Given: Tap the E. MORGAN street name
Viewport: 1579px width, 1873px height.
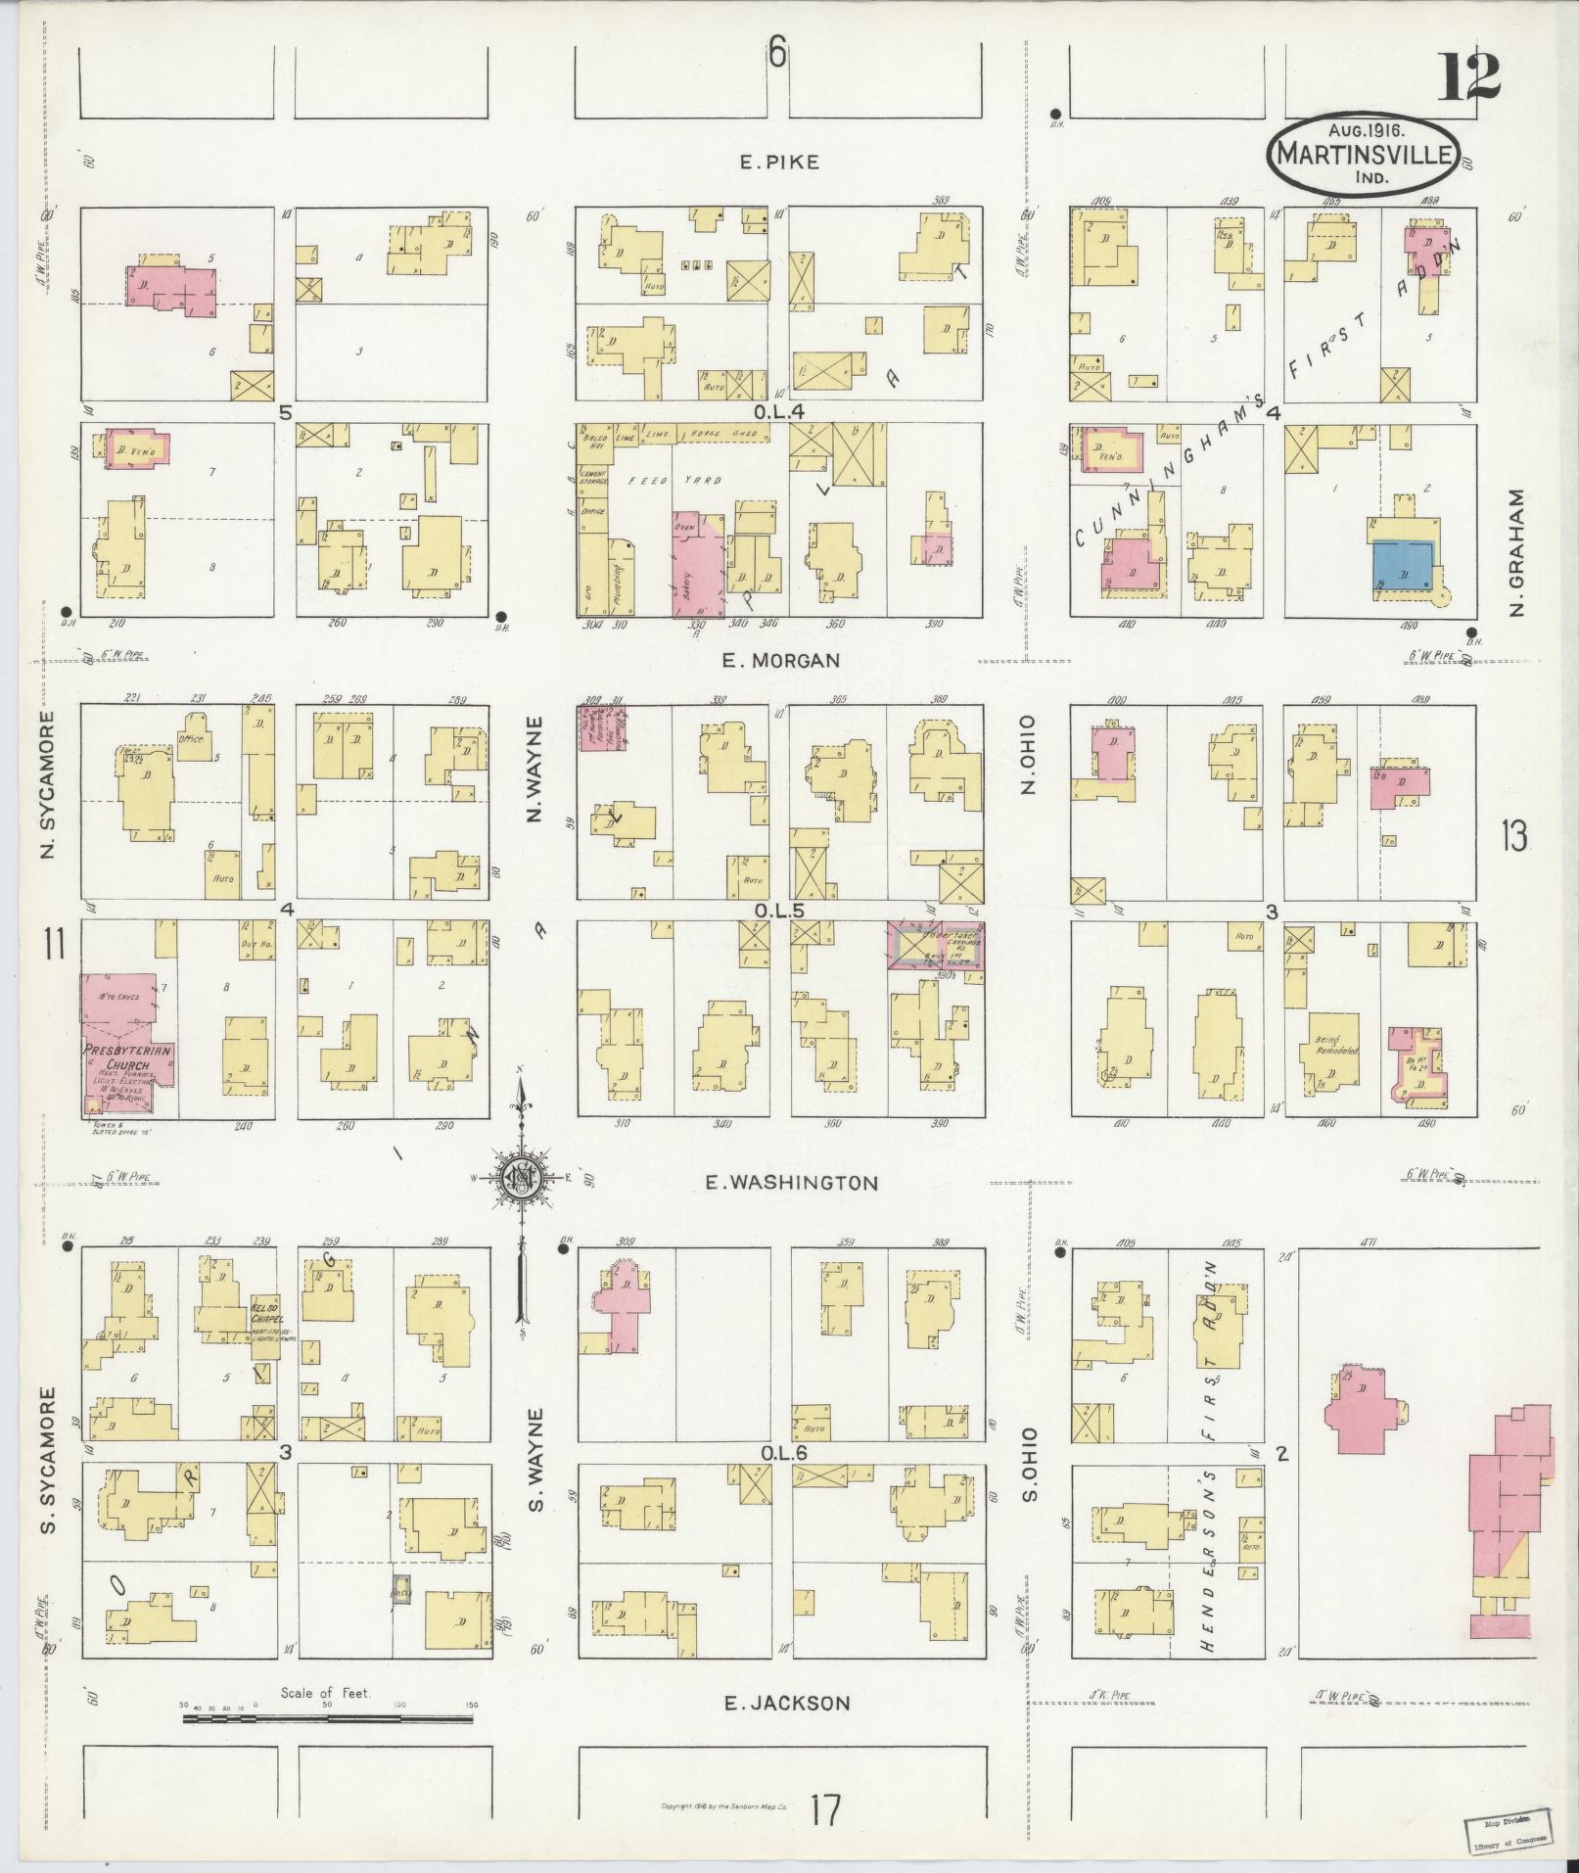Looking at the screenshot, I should click(780, 661).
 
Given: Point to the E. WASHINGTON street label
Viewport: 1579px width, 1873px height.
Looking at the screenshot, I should click(792, 1183).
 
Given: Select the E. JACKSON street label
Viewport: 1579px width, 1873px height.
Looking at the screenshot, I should click(787, 1703).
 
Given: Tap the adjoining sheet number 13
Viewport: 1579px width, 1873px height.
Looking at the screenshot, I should click(1513, 838).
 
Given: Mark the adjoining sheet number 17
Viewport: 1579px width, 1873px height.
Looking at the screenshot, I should click(824, 1809).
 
